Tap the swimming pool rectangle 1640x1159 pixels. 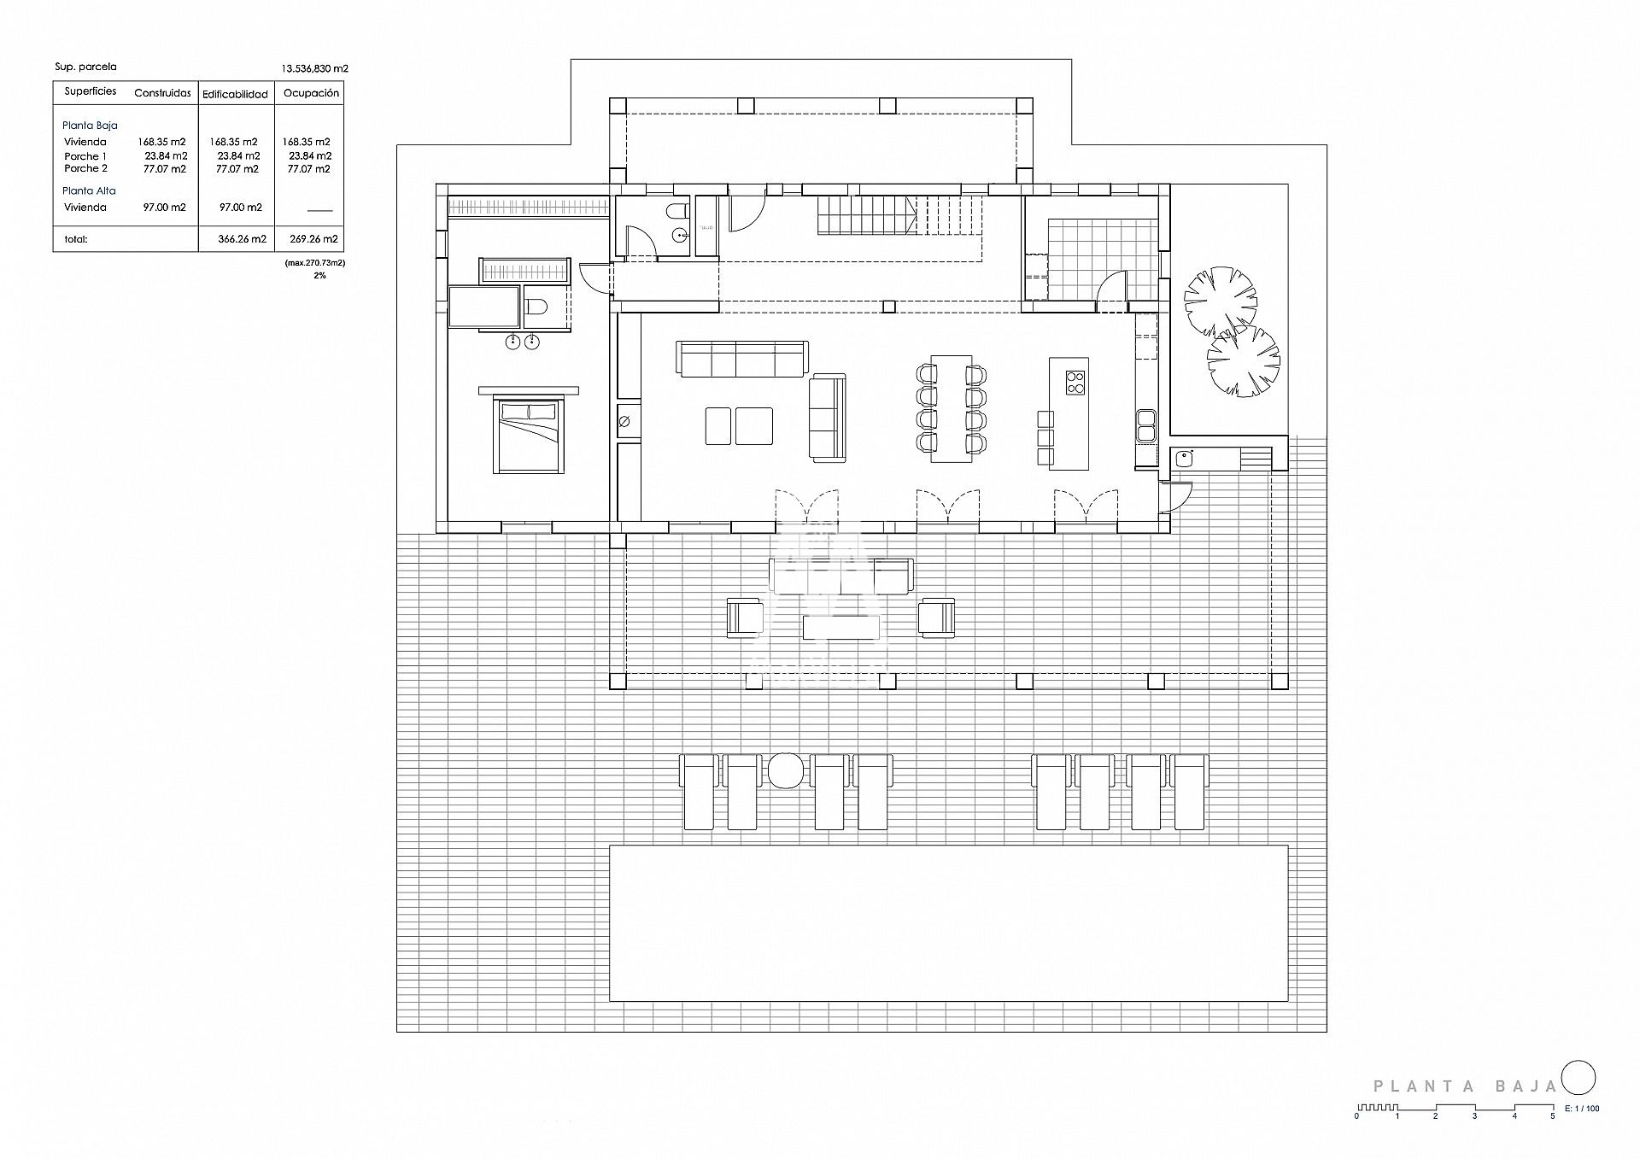click(948, 922)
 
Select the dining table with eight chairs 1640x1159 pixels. click(952, 408)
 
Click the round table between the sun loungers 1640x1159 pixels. click(785, 770)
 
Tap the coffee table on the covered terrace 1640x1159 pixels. click(840, 627)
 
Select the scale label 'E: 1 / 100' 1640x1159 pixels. click(1582, 1133)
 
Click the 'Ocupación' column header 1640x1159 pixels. click(311, 93)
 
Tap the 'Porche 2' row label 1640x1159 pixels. click(85, 168)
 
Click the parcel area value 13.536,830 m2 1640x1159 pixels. click(314, 68)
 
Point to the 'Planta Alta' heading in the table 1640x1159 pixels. click(89, 190)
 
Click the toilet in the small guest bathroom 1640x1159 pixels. click(678, 211)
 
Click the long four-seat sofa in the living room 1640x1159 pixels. click(742, 359)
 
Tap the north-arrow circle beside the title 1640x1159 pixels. click(1578, 1101)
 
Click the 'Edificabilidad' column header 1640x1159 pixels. click(235, 94)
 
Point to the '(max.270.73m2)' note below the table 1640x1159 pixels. click(315, 263)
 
